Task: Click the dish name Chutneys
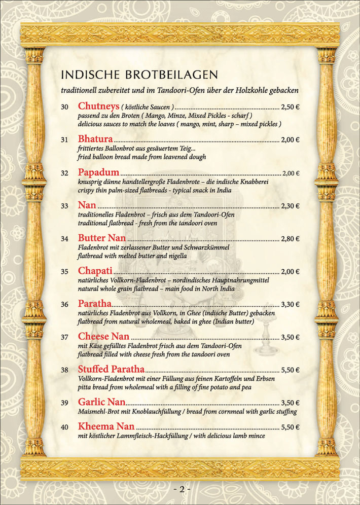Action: [99, 106]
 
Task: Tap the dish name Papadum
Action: [99, 172]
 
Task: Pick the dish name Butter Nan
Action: [102, 238]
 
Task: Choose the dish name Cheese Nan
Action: [103, 336]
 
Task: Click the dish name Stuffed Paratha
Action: [111, 369]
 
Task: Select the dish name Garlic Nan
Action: [102, 403]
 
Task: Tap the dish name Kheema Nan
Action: [106, 426]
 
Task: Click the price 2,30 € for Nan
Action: [290, 206]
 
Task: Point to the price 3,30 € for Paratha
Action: [290, 305]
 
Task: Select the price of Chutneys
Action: [290, 107]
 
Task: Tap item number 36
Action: [64, 305]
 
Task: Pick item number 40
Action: [64, 427]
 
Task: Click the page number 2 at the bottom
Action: [181, 489]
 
